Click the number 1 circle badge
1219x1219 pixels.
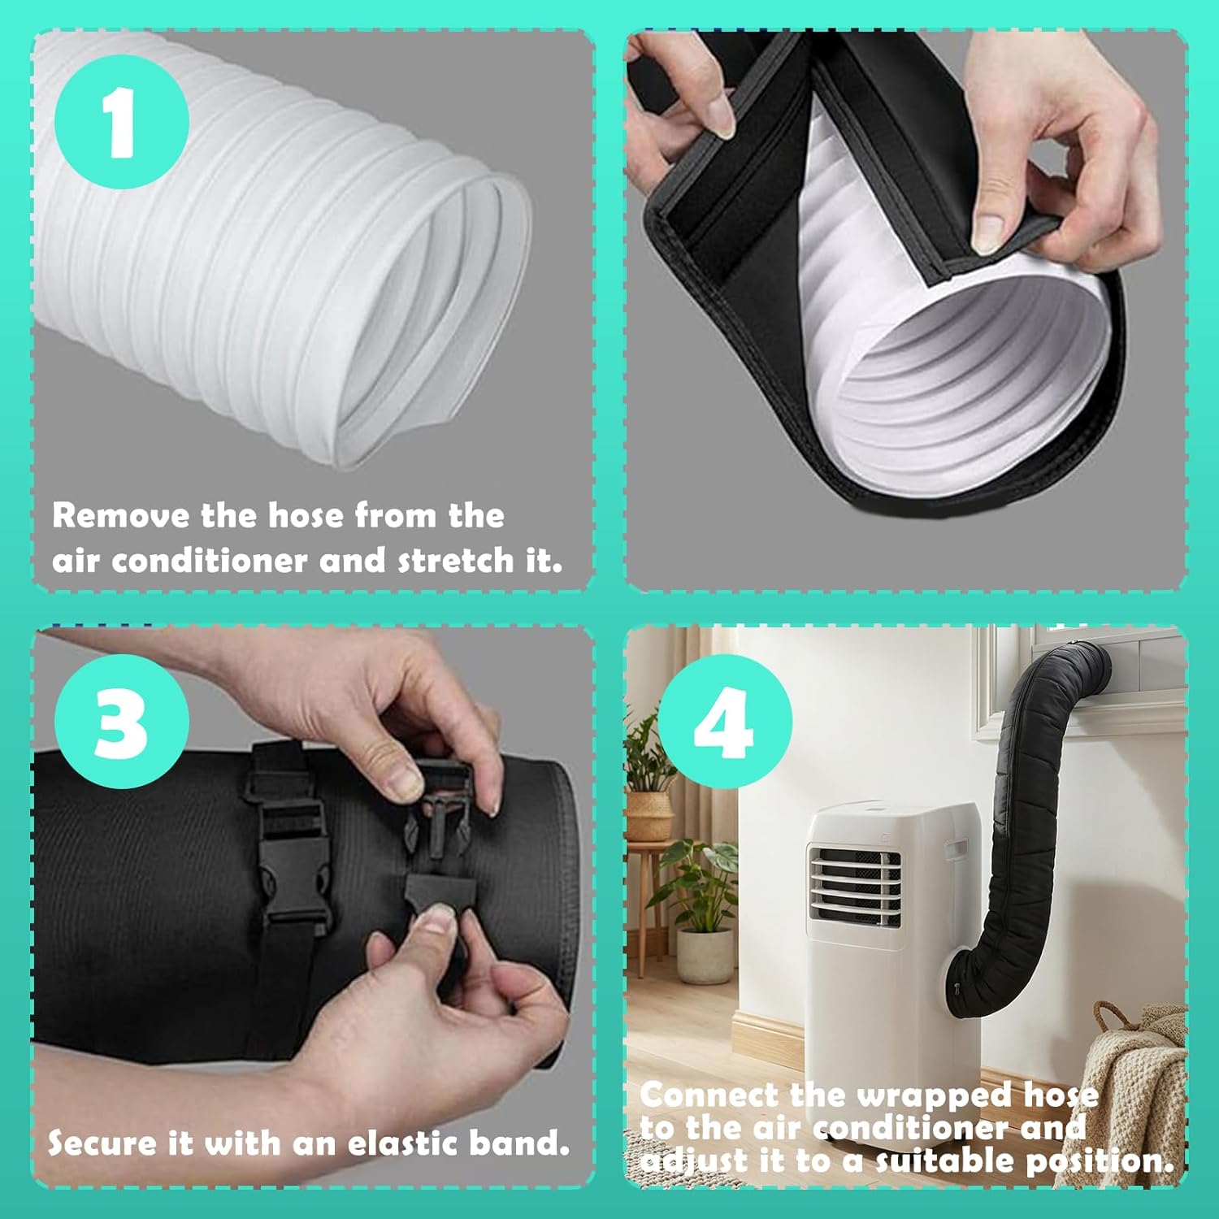[x=122, y=122]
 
